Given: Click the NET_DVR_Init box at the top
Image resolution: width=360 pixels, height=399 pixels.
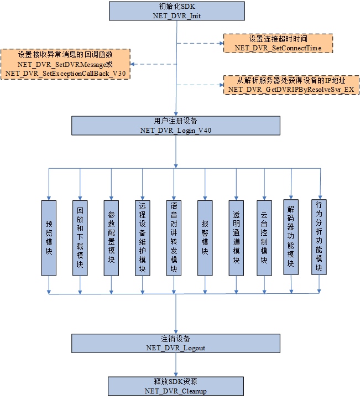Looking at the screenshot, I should (176, 11).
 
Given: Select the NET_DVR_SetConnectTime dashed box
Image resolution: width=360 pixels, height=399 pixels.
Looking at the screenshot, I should (278, 43).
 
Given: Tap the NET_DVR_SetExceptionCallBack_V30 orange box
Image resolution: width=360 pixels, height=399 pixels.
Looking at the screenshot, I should (65, 64).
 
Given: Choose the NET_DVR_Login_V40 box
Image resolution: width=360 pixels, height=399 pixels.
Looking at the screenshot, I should (176, 125).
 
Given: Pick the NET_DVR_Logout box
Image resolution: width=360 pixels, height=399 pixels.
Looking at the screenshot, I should (176, 343).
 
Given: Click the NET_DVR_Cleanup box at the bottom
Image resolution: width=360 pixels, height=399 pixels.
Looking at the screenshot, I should (176, 386).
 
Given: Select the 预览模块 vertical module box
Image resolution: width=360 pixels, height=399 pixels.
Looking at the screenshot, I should (49, 237).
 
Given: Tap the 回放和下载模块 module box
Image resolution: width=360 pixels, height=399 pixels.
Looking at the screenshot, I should (80, 237).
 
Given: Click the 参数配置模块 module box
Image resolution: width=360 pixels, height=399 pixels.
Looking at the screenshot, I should (111, 237).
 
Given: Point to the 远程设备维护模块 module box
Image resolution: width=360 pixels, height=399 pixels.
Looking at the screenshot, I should (143, 237).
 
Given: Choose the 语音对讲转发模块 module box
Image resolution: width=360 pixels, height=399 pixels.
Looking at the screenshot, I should (174, 237).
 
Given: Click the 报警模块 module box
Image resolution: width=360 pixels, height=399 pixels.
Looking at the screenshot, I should (205, 237).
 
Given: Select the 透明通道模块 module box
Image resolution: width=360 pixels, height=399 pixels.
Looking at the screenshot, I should (237, 237).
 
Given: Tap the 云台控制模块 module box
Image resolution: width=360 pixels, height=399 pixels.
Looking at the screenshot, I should (264, 237).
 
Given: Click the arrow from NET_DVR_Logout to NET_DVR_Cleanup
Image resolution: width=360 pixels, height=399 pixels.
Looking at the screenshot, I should (176, 365).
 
